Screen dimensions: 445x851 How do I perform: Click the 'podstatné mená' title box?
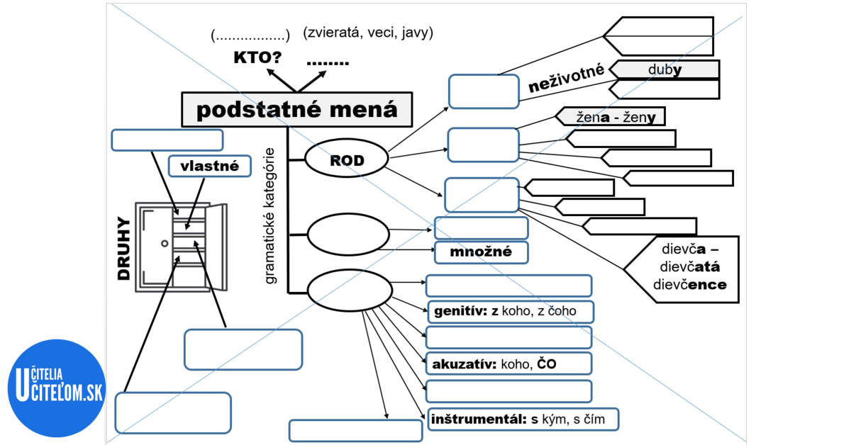[296, 110]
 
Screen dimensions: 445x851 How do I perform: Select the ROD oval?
[347, 161]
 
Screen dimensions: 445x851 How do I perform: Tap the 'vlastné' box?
[210, 167]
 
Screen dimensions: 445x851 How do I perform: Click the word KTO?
[257, 57]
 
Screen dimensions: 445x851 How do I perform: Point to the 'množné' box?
[482, 252]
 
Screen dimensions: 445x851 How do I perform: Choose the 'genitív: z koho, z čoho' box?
[509, 311]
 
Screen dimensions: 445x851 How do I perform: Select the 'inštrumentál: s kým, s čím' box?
[523, 419]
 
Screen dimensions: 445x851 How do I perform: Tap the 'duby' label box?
[664, 69]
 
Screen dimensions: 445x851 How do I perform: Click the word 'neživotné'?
[566, 79]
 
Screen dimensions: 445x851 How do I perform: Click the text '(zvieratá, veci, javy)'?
[367, 33]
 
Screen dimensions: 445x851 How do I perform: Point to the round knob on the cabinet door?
[165, 244]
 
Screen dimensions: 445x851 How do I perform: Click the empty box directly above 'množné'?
[481, 228]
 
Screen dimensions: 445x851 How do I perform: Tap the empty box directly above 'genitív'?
[508, 286]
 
